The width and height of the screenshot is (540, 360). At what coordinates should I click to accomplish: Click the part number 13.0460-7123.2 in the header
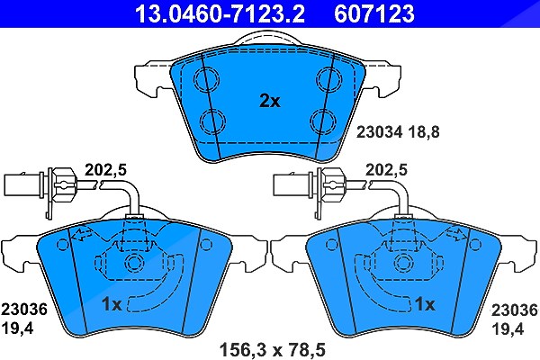click(x=220, y=13)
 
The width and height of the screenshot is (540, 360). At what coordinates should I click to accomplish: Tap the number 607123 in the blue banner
click(x=374, y=13)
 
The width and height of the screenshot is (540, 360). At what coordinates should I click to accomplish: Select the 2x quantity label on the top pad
click(x=270, y=102)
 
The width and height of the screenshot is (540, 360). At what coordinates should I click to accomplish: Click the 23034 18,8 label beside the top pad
click(x=398, y=132)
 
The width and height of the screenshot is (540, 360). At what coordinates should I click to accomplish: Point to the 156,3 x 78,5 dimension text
click(x=272, y=350)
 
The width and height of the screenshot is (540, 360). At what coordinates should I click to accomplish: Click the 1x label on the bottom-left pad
click(x=112, y=304)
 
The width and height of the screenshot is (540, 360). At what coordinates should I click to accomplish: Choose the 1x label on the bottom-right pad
click(x=425, y=304)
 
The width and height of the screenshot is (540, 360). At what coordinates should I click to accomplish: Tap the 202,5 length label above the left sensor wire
click(x=105, y=170)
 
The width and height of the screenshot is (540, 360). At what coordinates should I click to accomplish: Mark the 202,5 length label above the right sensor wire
click(x=386, y=170)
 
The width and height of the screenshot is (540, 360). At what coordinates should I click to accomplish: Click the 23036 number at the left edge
click(x=24, y=310)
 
